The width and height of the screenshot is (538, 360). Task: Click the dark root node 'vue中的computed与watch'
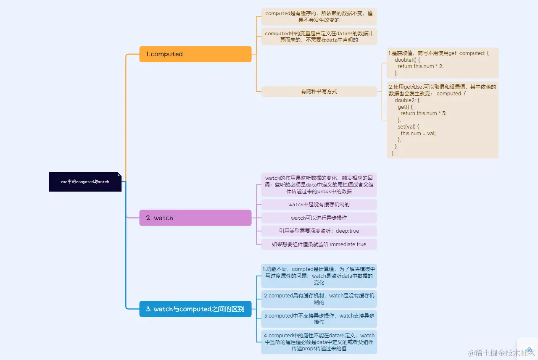(85, 182)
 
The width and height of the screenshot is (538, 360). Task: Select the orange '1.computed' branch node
(195, 54)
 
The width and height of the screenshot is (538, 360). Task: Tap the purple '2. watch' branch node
(195, 218)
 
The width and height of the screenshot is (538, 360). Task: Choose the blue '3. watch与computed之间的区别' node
(195, 309)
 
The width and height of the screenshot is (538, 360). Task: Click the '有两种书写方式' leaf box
(319, 92)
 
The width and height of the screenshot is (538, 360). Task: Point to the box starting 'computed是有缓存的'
(319, 16)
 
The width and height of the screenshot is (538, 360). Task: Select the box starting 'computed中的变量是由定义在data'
(319, 37)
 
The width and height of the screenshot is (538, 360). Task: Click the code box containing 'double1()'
(442, 63)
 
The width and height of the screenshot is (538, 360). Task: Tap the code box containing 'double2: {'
(442, 120)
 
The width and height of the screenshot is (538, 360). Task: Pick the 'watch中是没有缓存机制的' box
(319, 205)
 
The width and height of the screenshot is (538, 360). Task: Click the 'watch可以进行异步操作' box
(319, 218)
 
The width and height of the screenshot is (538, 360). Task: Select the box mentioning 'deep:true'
(319, 231)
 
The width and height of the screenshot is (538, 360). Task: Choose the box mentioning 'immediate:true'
(319, 244)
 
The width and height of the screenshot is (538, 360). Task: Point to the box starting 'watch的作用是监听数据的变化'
(319, 184)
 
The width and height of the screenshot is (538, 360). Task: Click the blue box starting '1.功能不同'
(319, 276)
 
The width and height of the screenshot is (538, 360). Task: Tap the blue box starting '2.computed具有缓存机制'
(319, 299)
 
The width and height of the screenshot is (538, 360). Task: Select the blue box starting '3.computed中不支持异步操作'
(319, 319)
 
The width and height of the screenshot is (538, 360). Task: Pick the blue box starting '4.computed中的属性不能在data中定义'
(319, 342)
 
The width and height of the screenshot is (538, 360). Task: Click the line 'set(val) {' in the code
(409, 126)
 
